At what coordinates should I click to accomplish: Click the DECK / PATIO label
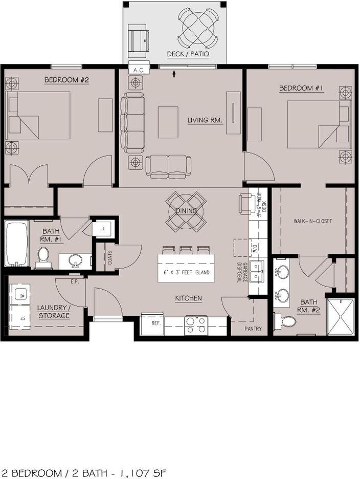tap(188, 54)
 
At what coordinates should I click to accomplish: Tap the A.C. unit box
tap(137, 70)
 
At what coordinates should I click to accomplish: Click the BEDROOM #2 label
tap(67, 80)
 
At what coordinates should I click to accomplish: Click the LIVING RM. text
tap(205, 120)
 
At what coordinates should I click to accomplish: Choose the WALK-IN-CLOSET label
tap(312, 221)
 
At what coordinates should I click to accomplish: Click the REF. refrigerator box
tap(156, 323)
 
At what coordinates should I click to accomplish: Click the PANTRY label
tap(253, 329)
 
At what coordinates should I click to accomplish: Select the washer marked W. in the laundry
tap(21, 293)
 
